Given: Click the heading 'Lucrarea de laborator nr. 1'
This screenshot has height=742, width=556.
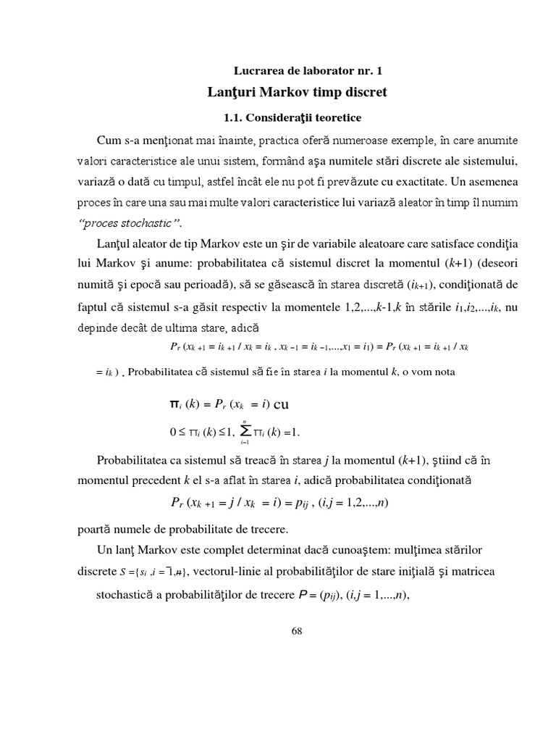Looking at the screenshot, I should click(x=307, y=70).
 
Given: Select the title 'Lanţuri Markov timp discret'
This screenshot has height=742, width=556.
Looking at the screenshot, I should click(x=298, y=92).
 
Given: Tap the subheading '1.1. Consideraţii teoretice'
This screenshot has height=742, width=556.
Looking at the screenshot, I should click(x=292, y=116).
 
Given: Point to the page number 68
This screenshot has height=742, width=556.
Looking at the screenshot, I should click(x=296, y=630).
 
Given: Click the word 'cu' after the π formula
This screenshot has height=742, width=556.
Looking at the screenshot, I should click(x=280, y=404).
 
